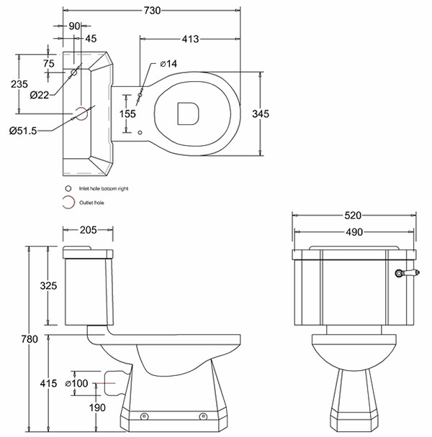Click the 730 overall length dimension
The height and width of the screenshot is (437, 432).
152,10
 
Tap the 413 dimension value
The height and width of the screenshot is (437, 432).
189,38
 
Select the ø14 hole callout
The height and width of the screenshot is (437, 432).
166,64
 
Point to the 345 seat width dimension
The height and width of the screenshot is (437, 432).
261,113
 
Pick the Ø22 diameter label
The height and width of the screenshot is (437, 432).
39,94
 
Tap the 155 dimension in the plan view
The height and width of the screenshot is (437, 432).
127,113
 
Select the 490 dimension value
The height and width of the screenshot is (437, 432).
354,231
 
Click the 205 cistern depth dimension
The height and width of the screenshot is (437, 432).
87,231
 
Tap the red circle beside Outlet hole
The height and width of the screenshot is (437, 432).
68,203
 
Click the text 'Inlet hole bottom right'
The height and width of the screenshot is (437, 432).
108,188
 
